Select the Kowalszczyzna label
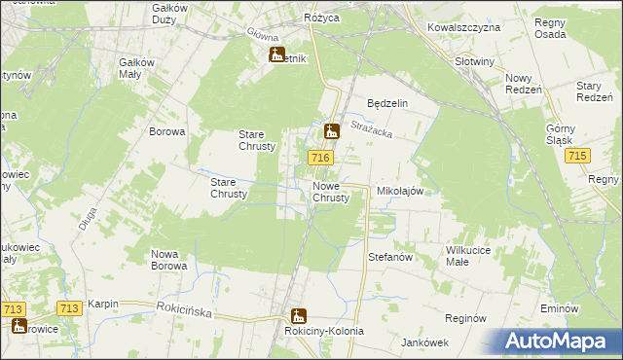(463, 27)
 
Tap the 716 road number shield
(321, 158)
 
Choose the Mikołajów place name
(399, 192)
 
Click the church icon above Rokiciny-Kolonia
(298, 315)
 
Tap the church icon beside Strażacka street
(332, 129)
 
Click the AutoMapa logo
(559, 341)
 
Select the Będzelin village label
(386, 103)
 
